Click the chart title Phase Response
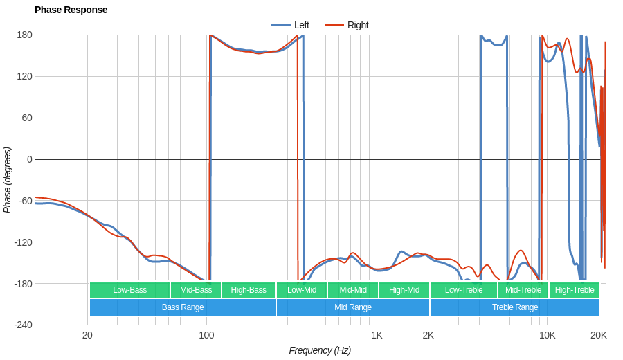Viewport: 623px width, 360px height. [x=71, y=10]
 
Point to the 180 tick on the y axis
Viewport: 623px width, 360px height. [x=24, y=35]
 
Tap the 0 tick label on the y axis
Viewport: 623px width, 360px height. [x=29, y=159]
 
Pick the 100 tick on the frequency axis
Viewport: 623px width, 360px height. [x=206, y=336]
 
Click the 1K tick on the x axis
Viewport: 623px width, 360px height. [x=377, y=336]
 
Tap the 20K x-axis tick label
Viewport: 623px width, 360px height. [x=599, y=336]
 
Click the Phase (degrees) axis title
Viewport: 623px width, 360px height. [x=8, y=180]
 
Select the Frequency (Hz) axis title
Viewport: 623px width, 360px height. [x=320, y=350]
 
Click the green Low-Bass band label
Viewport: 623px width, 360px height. [x=129, y=290]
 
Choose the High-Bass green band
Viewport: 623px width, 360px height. [x=249, y=290]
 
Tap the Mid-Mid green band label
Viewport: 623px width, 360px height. [x=353, y=290]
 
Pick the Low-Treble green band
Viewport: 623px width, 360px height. [x=464, y=290]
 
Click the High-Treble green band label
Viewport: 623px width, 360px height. [x=575, y=290]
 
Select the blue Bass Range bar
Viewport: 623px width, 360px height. [x=183, y=307]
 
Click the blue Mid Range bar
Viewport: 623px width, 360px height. [x=353, y=307]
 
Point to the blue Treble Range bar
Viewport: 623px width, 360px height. [x=515, y=307]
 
